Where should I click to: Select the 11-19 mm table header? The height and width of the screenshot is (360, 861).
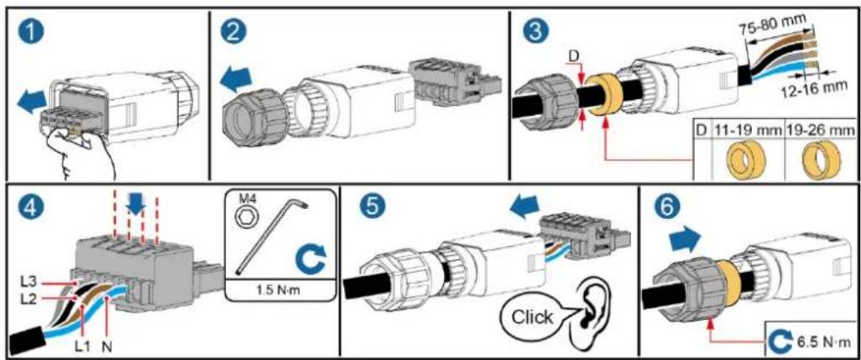742,131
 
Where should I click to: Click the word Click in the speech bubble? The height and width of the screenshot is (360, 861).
534,317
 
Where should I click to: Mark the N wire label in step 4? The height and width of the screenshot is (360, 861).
107,347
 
